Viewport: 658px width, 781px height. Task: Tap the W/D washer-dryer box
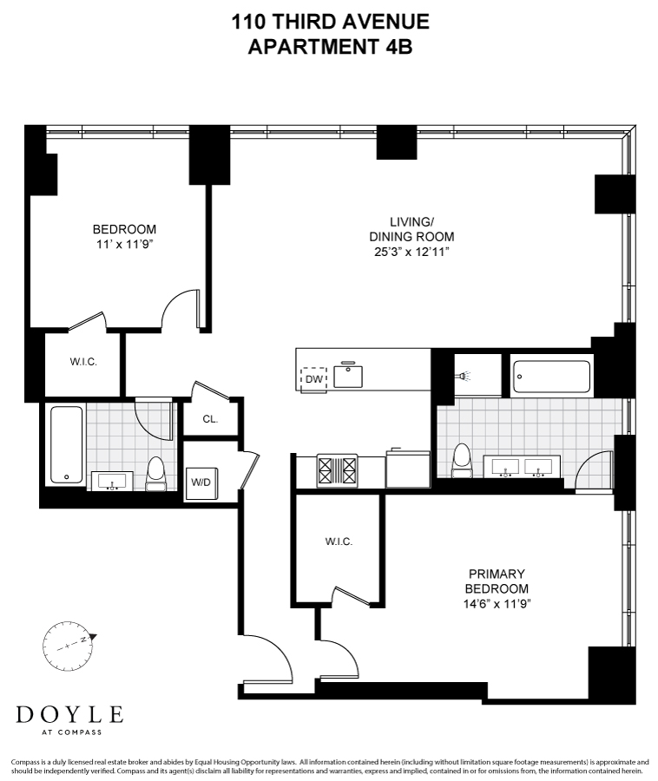click(x=200, y=481)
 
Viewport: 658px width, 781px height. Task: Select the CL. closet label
click(x=210, y=419)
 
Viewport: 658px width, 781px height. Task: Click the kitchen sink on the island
click(x=349, y=375)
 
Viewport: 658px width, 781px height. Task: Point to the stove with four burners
click(x=339, y=470)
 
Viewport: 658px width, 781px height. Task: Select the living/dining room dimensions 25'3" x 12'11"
click(x=411, y=252)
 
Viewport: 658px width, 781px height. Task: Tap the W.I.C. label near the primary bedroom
click(x=338, y=541)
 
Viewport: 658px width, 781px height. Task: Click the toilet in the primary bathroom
click(x=462, y=460)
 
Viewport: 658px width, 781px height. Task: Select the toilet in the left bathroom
click(x=156, y=474)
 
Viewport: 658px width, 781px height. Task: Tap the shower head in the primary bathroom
click(x=463, y=377)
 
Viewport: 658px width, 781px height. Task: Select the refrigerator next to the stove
click(x=407, y=469)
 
